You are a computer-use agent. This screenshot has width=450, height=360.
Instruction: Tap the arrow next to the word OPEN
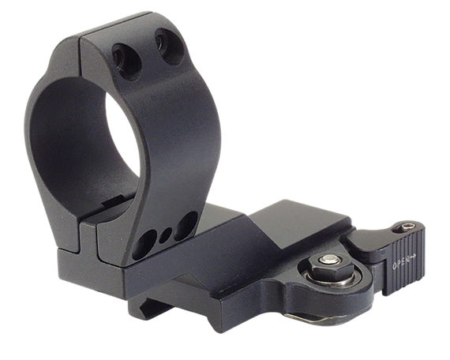click(415, 254)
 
